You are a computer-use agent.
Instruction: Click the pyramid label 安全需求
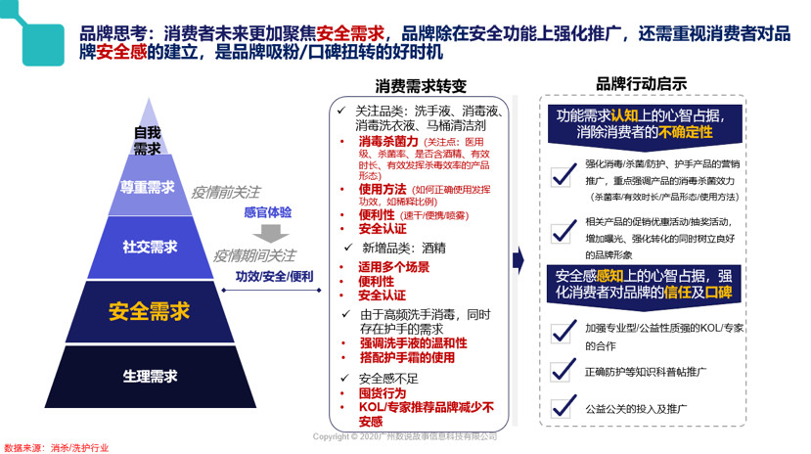tap(149, 311)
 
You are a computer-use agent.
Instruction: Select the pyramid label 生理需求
tap(150, 376)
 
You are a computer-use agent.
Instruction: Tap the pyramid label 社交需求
tap(150, 248)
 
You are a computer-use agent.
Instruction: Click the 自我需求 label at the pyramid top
tap(148, 140)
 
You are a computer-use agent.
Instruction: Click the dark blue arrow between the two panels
tap(518, 259)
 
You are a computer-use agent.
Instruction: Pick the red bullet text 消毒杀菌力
tap(387, 142)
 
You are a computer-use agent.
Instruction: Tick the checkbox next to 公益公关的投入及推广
tap(562, 405)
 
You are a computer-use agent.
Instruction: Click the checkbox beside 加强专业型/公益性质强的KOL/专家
tap(562, 331)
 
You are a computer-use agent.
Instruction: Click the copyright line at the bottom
tap(404, 436)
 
